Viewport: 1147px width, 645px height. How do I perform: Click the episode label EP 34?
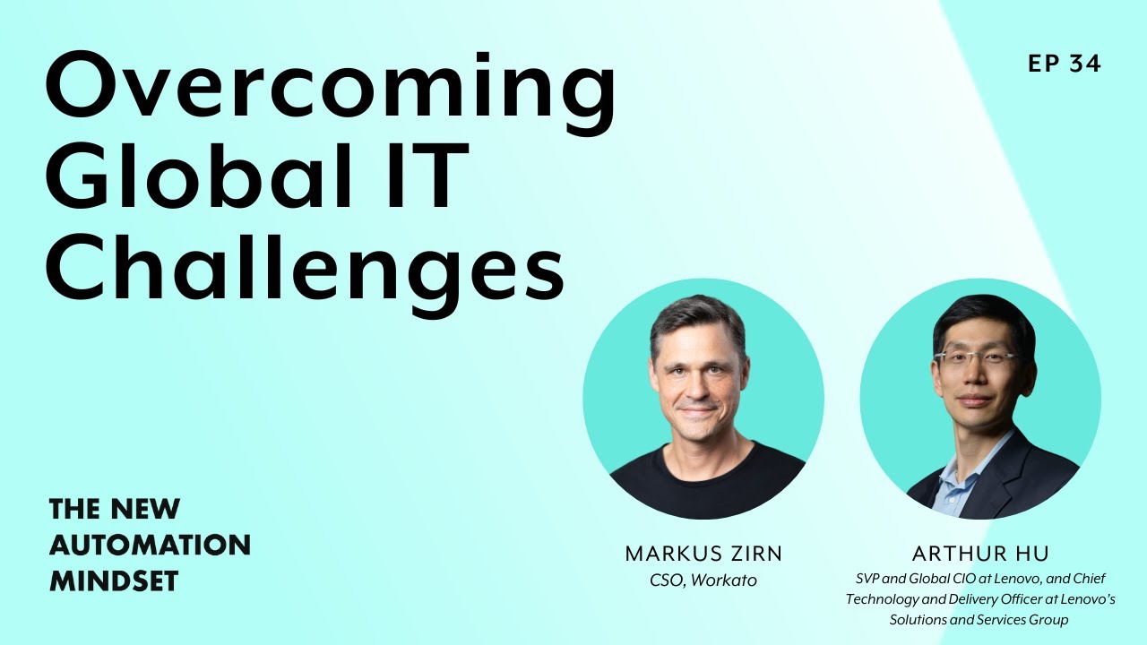[x=1065, y=64]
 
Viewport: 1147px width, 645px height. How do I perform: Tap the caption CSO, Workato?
[x=703, y=580]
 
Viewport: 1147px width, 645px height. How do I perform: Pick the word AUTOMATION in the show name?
[x=150, y=545]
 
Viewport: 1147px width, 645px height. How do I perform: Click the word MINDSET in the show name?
[x=114, y=580]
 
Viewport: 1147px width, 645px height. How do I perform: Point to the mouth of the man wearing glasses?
[x=975, y=400]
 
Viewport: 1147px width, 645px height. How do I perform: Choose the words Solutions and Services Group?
[x=979, y=620]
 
